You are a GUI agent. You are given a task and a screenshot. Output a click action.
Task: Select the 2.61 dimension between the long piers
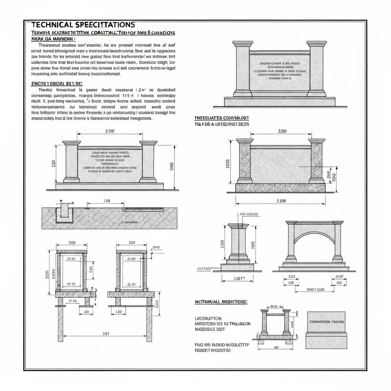(x=106, y=333)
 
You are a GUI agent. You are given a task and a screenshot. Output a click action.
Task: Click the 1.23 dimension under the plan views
(x=118, y=312)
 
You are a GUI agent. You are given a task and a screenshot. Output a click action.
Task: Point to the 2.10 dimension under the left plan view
(x=86, y=312)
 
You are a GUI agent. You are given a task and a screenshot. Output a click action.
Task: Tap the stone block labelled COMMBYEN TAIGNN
(x=327, y=330)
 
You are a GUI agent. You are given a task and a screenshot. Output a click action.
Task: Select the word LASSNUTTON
(x=208, y=318)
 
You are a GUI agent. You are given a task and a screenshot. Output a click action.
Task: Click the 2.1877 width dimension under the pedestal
(x=239, y=278)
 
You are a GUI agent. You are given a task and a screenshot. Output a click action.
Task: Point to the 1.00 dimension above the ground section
(x=107, y=201)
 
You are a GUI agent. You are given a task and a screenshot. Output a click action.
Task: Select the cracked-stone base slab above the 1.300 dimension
(x=280, y=187)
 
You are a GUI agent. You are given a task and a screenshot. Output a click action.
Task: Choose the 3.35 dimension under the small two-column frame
(x=276, y=347)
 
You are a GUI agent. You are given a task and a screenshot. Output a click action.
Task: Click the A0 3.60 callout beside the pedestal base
(x=204, y=269)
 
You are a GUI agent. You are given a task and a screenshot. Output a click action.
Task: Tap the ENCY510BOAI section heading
(x=57, y=83)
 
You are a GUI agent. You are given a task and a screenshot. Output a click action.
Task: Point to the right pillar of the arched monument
(x=338, y=241)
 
